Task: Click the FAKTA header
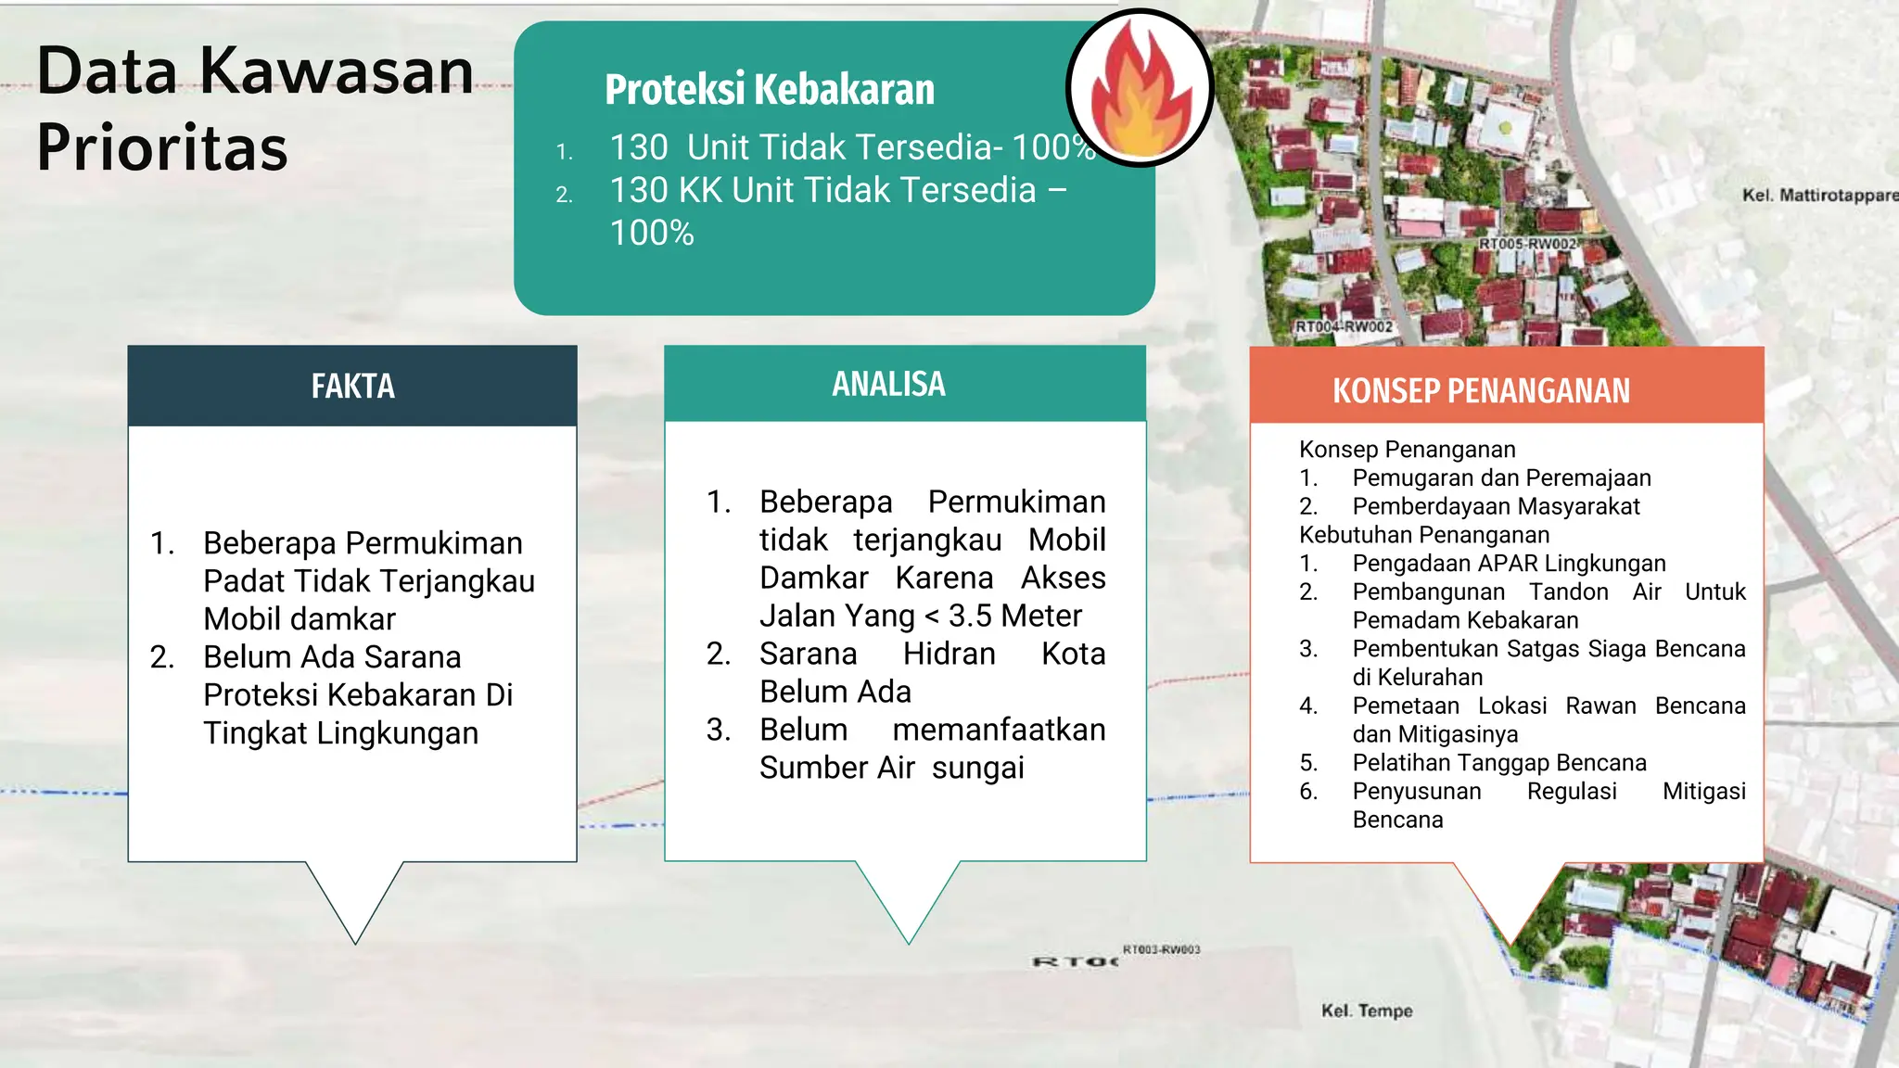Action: pos(352,386)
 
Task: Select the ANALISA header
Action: pos(888,384)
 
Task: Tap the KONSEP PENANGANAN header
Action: pos(1481,390)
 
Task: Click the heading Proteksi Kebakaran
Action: pos(769,90)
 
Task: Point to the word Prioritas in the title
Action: pos(162,147)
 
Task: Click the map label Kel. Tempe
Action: pos(1366,1011)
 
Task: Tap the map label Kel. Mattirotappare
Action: pos(1819,195)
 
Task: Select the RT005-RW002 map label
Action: pos(1527,244)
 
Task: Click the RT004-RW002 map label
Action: pos(1344,326)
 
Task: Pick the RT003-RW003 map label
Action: pos(1161,949)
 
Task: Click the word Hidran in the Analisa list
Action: pos(949,654)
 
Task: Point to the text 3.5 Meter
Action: pos(1014,616)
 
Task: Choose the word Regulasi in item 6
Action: pos(1572,791)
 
